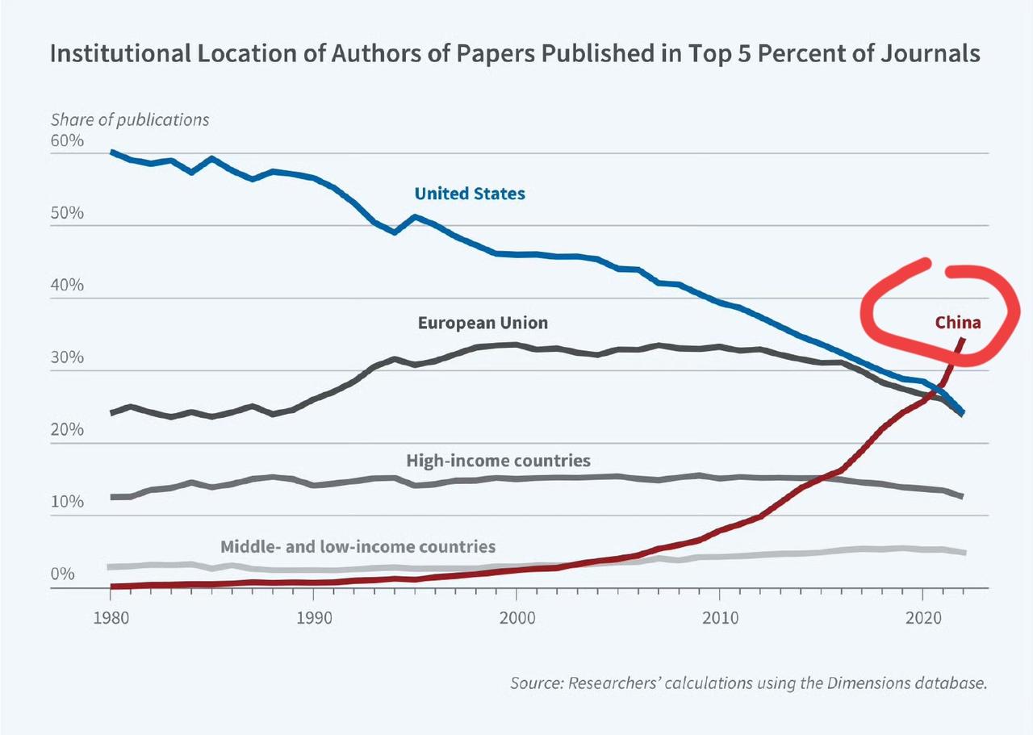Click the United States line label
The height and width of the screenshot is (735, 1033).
[x=470, y=194]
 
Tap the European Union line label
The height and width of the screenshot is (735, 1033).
[x=483, y=323]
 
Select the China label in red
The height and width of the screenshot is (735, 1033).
[x=958, y=323]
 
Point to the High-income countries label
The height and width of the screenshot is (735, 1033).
[x=498, y=461]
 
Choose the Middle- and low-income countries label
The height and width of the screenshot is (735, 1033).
[x=358, y=546]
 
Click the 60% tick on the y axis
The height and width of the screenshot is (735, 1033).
[x=67, y=141]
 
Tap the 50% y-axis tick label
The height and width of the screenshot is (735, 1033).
[x=67, y=214]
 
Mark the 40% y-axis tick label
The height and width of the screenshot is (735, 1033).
[x=67, y=286]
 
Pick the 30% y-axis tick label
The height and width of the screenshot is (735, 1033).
[x=67, y=358]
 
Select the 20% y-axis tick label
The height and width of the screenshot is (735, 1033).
[x=67, y=430]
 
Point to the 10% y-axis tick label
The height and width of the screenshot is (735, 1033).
[x=67, y=502]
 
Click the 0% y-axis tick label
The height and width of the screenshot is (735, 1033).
[x=63, y=574]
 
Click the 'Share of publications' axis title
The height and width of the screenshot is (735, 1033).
[x=130, y=119]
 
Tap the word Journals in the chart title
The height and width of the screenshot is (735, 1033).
[x=923, y=53]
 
